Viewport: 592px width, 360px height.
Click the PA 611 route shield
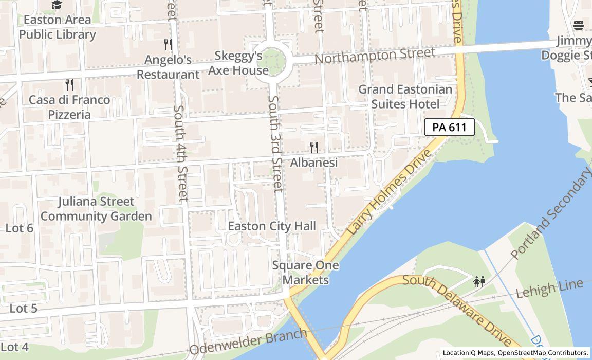449,127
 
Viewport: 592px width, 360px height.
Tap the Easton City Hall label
271,226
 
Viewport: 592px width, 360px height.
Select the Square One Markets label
305,273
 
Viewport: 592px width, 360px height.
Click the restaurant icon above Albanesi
314,148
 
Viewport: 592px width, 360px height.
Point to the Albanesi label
314,163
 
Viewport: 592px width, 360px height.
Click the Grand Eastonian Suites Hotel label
405,97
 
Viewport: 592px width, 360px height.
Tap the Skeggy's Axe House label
238,63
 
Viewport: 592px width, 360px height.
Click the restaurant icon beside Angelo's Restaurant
168,44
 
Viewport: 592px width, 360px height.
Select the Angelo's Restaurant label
168,67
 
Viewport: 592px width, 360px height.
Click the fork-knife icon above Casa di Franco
69,84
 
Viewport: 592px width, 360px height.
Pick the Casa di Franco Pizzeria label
69,107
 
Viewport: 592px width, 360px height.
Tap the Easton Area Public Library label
57,27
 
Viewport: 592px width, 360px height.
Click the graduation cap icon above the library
57,5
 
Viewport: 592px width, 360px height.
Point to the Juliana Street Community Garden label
96,208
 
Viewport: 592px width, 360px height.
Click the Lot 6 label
19,228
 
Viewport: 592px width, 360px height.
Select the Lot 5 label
23,308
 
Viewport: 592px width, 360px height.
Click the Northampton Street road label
375,55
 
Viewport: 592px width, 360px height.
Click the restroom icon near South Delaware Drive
479,281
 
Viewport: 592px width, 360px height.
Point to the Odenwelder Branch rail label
248,343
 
